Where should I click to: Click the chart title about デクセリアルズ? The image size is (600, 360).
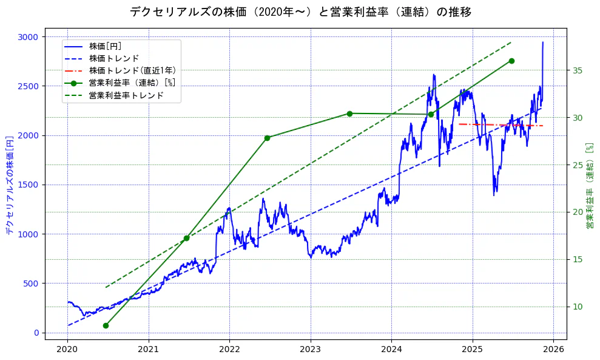point(300,12)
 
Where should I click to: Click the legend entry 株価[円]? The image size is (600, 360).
point(106,46)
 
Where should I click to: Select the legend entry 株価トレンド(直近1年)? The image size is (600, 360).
point(132,70)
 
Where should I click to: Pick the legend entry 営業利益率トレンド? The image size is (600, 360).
point(126,95)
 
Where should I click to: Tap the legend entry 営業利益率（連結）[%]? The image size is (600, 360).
point(132,83)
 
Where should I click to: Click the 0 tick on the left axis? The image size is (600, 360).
point(36,333)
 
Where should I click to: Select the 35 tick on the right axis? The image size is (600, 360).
point(578,70)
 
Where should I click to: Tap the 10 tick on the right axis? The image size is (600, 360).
point(578,307)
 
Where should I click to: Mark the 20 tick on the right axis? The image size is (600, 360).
point(578,212)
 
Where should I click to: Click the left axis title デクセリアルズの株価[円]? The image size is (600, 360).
point(9,185)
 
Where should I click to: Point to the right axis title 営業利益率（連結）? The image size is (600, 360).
point(589,186)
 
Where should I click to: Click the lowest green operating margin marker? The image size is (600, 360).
point(106,325)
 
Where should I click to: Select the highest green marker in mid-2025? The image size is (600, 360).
point(511,61)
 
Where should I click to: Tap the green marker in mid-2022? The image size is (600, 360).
point(268,138)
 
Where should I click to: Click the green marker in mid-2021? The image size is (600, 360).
point(186,238)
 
